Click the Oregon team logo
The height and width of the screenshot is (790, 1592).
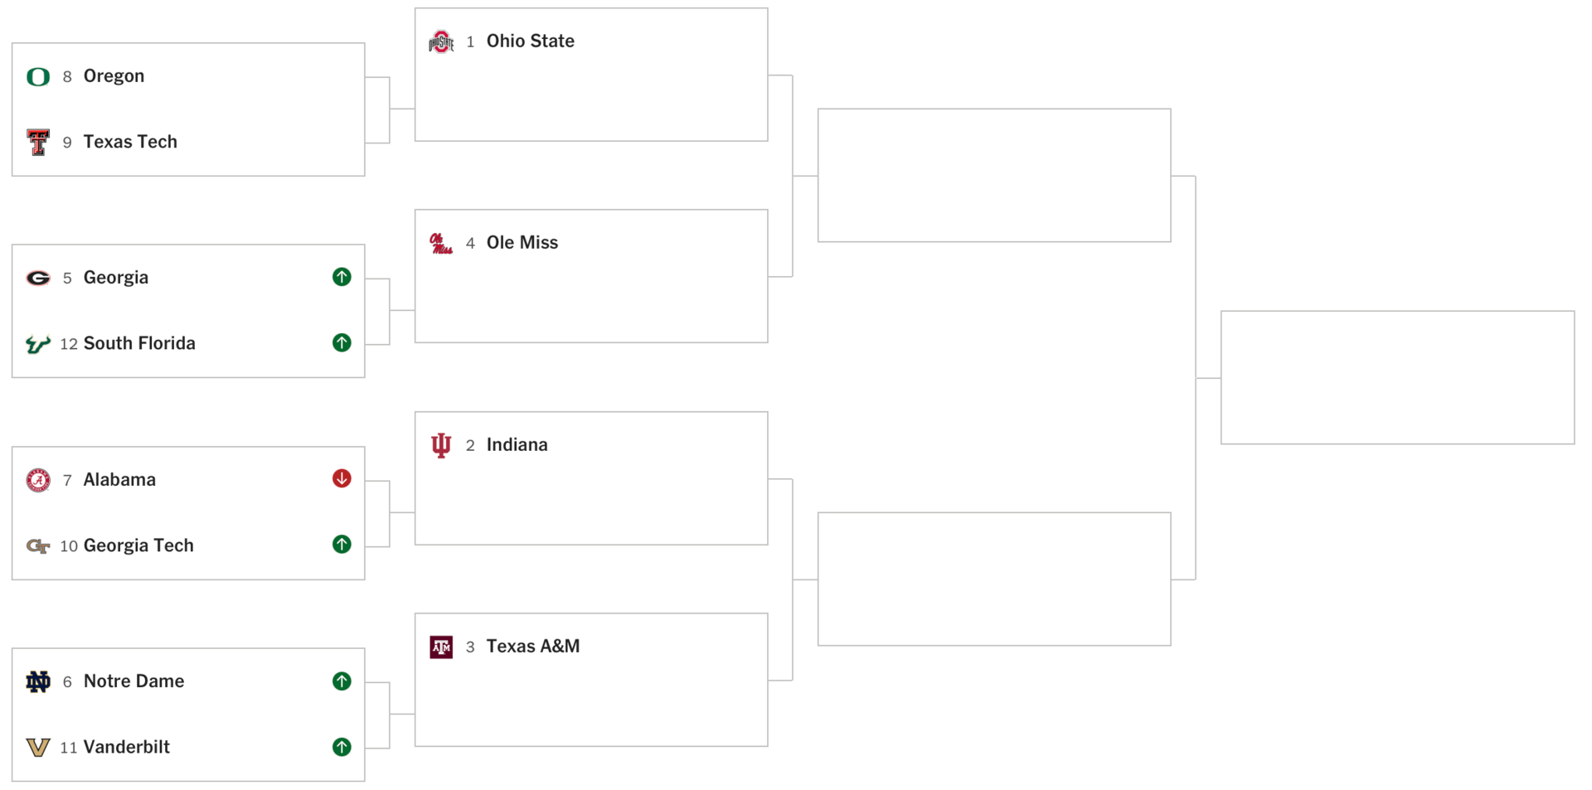coord(38,76)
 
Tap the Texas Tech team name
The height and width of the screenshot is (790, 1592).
coord(130,142)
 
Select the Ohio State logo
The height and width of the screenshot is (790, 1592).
coord(441,41)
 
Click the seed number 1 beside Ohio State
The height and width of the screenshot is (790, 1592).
coord(470,41)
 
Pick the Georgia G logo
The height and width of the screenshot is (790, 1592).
coord(38,278)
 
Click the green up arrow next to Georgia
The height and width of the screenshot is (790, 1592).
coord(342,277)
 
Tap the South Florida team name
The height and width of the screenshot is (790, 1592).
coord(139,343)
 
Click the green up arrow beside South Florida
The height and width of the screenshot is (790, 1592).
coord(342,342)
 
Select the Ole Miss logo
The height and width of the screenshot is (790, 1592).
coord(441,243)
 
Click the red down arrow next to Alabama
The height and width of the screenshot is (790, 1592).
coord(342,478)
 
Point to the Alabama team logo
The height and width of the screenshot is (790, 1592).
coord(38,480)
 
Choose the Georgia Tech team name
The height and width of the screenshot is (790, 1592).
coord(138,545)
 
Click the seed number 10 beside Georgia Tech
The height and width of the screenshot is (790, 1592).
coord(69,546)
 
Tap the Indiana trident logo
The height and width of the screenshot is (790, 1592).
coord(441,445)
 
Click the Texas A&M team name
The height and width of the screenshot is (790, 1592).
coord(532,647)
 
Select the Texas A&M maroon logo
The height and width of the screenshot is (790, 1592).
coord(441,647)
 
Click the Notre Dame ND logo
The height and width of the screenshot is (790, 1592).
coord(38,681)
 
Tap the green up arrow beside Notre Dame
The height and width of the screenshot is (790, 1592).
coord(342,681)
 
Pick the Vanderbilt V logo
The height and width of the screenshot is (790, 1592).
coord(38,747)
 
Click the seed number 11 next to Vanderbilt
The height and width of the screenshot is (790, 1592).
coord(69,748)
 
